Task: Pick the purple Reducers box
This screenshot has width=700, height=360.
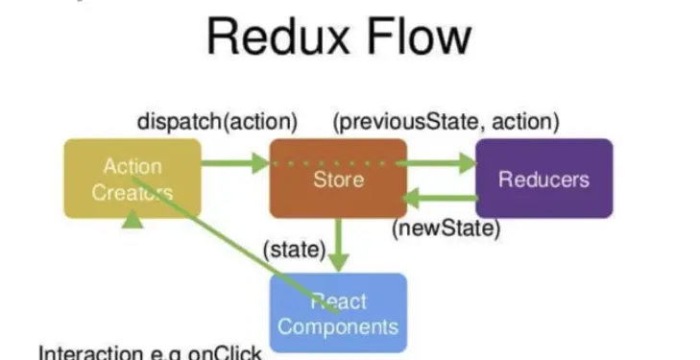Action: tap(543, 179)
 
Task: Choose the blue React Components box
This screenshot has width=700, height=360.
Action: tap(338, 313)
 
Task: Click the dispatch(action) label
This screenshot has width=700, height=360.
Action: tap(217, 122)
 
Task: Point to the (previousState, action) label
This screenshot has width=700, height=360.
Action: tap(446, 122)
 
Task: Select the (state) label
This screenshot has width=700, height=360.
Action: tap(294, 250)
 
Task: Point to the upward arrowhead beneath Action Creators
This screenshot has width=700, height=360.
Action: tap(133, 221)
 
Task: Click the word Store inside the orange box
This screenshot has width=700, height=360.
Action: tap(338, 179)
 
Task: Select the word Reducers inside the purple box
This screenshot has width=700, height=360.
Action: tap(543, 179)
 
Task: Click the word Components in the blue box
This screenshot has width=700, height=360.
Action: tap(338, 326)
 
